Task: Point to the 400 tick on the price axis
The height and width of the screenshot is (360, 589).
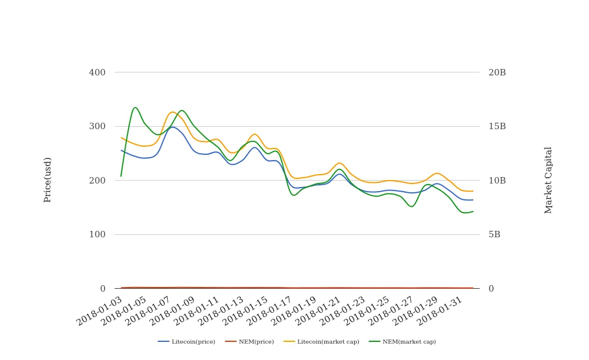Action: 97,72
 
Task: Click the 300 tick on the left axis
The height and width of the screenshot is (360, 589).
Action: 97,126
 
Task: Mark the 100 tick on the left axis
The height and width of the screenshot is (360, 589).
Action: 97,234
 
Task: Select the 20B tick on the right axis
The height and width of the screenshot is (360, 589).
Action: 497,72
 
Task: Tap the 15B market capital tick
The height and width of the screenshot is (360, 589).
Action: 497,126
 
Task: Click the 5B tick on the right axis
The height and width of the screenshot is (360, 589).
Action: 494,234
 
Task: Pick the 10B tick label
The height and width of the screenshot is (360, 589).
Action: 497,181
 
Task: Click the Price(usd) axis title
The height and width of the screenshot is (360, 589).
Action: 48,179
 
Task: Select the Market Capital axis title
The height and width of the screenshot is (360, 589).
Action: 548,180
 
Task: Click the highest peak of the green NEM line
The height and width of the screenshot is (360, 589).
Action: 135,108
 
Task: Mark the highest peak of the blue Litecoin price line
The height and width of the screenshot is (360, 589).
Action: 172,127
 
